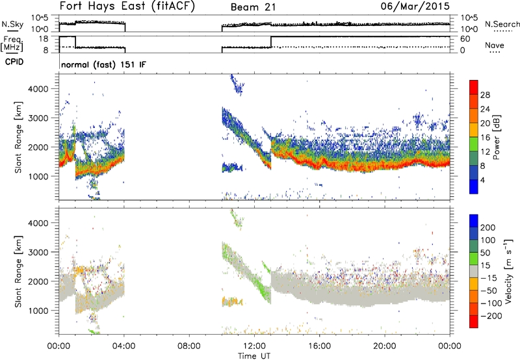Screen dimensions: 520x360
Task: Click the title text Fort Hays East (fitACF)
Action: point(127,6)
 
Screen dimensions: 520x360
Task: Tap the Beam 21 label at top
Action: point(253,7)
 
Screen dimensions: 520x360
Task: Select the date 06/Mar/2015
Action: point(415,6)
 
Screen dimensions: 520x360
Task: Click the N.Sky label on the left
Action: point(12,24)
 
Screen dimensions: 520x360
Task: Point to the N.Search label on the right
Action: point(502,24)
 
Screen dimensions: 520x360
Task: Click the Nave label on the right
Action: point(495,45)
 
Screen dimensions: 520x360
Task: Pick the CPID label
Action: point(14,62)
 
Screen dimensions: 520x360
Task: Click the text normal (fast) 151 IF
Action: point(103,64)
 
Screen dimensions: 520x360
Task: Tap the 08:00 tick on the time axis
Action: point(189,346)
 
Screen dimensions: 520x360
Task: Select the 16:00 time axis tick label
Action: point(319,346)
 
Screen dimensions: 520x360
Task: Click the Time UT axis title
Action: point(254,356)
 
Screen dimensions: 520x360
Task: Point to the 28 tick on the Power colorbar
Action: point(485,95)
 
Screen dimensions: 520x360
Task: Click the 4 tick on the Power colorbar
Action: point(482,180)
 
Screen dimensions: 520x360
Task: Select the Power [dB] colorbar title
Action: point(496,137)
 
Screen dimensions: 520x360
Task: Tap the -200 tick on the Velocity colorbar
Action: point(489,316)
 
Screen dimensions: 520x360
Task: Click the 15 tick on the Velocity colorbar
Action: point(484,266)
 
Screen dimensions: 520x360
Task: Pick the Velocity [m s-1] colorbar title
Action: point(508,271)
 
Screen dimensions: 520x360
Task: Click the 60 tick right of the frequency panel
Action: point(465,39)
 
